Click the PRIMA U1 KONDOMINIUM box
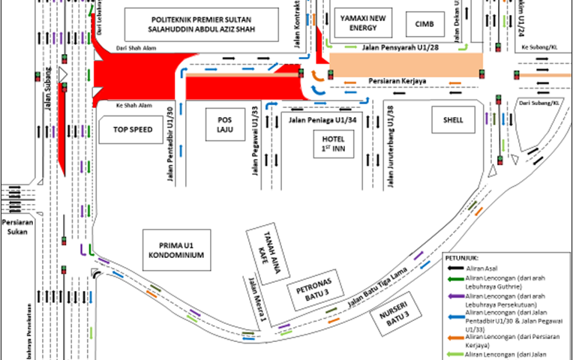coord(175,250)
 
